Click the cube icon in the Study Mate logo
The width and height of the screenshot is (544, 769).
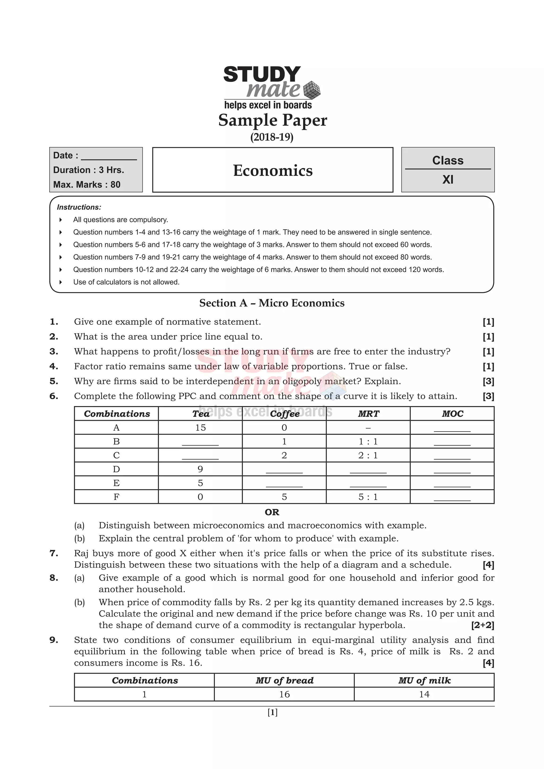[311, 90]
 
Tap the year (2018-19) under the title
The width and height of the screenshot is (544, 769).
[272, 137]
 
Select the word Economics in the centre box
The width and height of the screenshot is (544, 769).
[273, 170]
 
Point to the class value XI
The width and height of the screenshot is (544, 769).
[448, 180]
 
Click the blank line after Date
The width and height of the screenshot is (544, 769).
[109, 156]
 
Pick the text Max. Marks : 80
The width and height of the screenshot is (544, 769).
[87, 185]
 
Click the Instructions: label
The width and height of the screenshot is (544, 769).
[79, 207]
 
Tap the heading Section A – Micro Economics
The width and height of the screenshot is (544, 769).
[272, 303]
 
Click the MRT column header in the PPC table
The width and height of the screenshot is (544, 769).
[368, 414]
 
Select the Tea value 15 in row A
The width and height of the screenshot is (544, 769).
[200, 428]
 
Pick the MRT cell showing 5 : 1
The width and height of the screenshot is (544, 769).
[368, 497]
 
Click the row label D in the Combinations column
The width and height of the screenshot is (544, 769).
[116, 469]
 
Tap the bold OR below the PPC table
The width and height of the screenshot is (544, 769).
[272, 512]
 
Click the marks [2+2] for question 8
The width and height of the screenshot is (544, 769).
[482, 625]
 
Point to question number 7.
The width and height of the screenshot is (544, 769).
[54, 553]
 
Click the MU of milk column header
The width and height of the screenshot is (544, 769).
[424, 681]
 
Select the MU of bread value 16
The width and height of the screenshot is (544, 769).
[284, 694]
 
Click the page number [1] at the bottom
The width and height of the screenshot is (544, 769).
[272, 712]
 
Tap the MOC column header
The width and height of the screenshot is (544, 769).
[452, 414]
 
